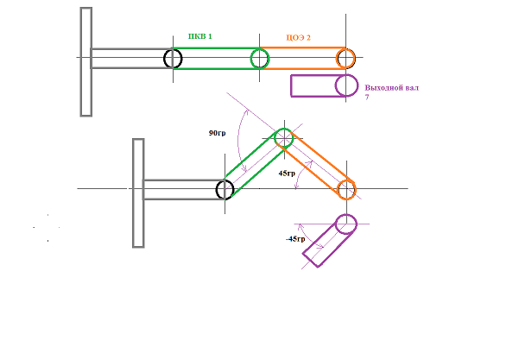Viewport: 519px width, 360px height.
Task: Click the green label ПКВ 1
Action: click(200, 36)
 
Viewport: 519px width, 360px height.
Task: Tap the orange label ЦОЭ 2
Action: click(298, 38)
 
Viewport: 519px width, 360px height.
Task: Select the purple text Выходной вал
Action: click(391, 88)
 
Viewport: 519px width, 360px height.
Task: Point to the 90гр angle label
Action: click(217, 133)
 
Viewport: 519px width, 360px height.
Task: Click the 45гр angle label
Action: click(287, 174)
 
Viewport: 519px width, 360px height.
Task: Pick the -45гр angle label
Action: click(295, 239)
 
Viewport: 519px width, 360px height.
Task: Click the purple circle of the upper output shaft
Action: click(346, 75)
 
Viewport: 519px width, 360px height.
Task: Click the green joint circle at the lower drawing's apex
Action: click(284, 129)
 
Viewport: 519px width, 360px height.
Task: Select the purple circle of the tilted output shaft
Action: click(346, 215)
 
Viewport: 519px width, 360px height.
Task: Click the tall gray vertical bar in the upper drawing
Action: click(86, 62)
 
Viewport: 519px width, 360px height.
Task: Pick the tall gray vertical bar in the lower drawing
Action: click(138, 193)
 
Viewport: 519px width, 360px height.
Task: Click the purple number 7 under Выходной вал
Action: click(367, 98)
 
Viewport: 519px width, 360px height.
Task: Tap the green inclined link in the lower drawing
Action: click(254, 165)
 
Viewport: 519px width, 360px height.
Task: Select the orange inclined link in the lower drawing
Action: click(319, 163)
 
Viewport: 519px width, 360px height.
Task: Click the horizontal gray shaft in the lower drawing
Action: click(184, 190)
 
